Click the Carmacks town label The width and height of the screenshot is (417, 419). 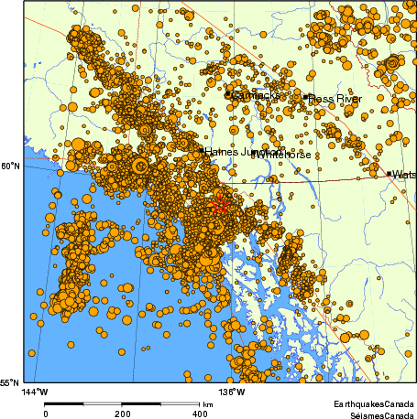[254, 94]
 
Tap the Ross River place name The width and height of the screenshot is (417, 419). [335, 98]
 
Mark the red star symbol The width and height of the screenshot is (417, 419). [218, 203]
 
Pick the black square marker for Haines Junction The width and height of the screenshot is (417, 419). [202, 149]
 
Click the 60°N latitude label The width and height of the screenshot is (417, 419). [12, 166]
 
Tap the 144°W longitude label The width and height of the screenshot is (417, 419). [34, 392]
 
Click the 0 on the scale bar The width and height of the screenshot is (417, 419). [46, 413]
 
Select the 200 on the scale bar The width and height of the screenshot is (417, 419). [124, 413]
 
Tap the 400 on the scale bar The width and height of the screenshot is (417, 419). [201, 413]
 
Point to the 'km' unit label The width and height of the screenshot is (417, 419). [208, 403]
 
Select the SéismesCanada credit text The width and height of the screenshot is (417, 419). [376, 414]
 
